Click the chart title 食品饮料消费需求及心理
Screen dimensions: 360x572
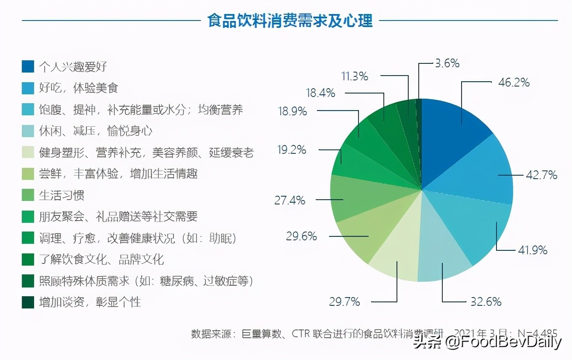[290, 21]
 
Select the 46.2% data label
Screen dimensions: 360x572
[514, 82]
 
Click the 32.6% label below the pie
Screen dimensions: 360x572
[486, 301]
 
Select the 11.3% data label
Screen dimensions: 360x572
[355, 76]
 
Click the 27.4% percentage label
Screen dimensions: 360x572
[289, 201]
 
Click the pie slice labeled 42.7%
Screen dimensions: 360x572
[480, 175]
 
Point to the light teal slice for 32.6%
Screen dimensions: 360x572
[441, 262]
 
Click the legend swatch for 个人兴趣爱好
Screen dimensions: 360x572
[28, 66]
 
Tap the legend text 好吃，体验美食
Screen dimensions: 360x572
[79, 88]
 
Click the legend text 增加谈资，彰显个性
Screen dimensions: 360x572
[90, 302]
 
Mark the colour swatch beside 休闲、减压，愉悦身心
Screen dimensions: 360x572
[28, 131]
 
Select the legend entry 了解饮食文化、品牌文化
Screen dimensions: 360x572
[101, 259]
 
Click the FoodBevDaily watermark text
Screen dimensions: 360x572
[502, 342]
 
